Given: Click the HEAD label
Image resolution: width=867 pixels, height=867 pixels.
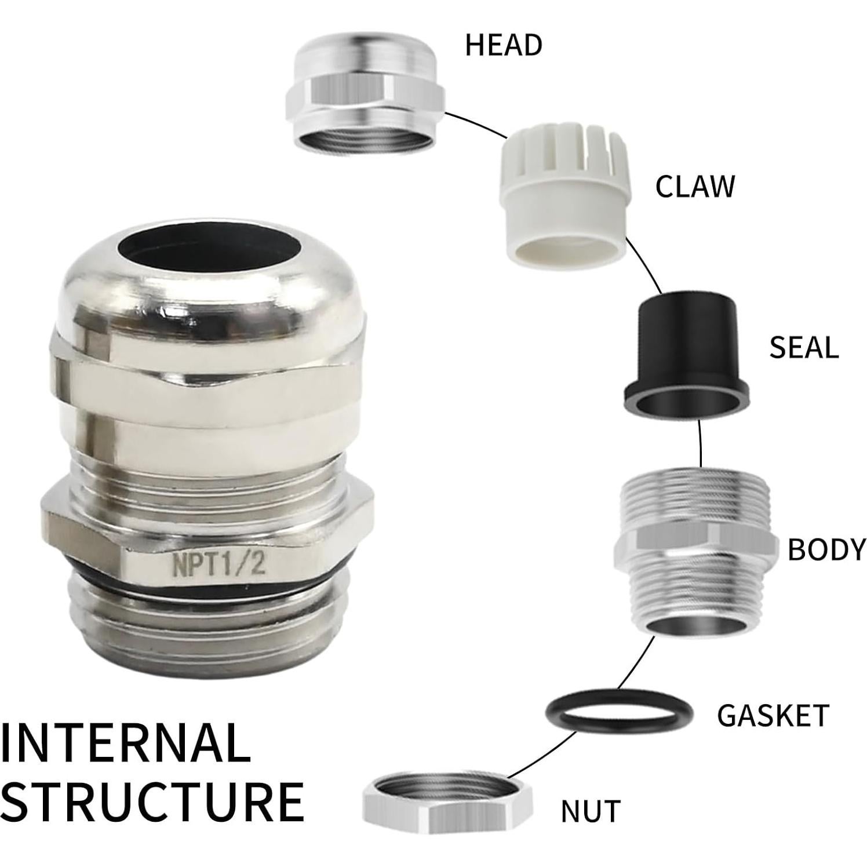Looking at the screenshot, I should pyautogui.click(x=503, y=45).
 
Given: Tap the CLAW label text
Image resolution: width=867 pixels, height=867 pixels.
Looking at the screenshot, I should pyautogui.click(x=694, y=187).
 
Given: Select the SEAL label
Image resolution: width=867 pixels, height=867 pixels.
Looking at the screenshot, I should pyautogui.click(x=803, y=348).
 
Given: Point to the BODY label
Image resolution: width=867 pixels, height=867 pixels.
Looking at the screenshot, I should pyautogui.click(x=826, y=549).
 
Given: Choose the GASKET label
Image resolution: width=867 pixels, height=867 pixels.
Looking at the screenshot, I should pyautogui.click(x=773, y=716).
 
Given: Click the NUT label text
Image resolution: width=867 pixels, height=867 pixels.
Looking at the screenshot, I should pyautogui.click(x=590, y=811).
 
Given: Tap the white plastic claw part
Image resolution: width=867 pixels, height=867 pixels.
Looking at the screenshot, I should pyautogui.click(x=563, y=197).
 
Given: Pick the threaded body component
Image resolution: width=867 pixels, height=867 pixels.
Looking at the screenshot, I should pyautogui.click(x=695, y=551).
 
